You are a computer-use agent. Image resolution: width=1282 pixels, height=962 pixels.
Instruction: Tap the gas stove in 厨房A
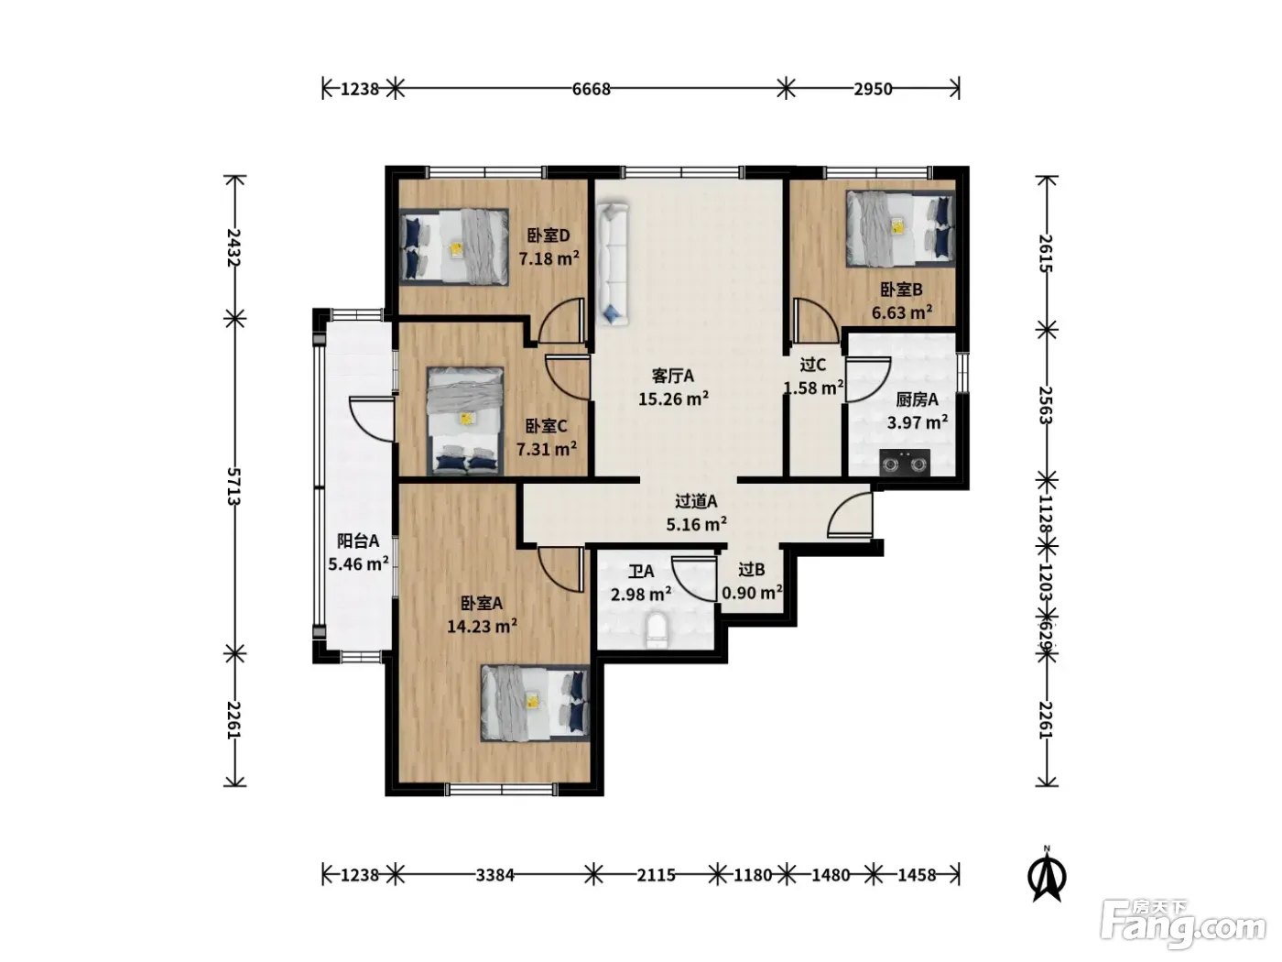click(905, 463)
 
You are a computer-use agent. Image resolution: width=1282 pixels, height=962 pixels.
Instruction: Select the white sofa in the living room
click(612, 264)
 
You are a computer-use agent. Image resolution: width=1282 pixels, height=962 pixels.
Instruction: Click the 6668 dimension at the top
click(591, 90)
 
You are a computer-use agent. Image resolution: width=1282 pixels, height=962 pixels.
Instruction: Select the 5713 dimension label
click(234, 486)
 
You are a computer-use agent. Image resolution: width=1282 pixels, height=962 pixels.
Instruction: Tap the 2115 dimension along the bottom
click(656, 875)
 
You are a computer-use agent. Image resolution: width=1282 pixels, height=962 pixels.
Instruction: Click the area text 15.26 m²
click(673, 399)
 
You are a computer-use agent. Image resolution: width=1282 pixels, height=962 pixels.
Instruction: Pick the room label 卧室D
click(549, 235)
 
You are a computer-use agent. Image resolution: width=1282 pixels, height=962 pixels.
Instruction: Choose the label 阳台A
click(358, 541)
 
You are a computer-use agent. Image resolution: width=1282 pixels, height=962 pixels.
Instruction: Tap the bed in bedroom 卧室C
click(465, 421)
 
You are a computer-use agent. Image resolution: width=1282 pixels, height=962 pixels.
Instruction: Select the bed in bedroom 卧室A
click(535, 704)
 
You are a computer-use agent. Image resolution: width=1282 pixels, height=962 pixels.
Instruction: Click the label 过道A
click(696, 501)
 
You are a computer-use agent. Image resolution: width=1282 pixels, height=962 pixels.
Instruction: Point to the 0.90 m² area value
click(753, 593)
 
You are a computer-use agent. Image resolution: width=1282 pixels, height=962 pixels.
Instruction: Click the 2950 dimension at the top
click(874, 90)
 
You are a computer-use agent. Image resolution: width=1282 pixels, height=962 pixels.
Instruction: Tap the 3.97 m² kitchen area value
click(918, 421)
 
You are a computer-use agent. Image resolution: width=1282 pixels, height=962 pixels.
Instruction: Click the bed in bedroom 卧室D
click(453, 246)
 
